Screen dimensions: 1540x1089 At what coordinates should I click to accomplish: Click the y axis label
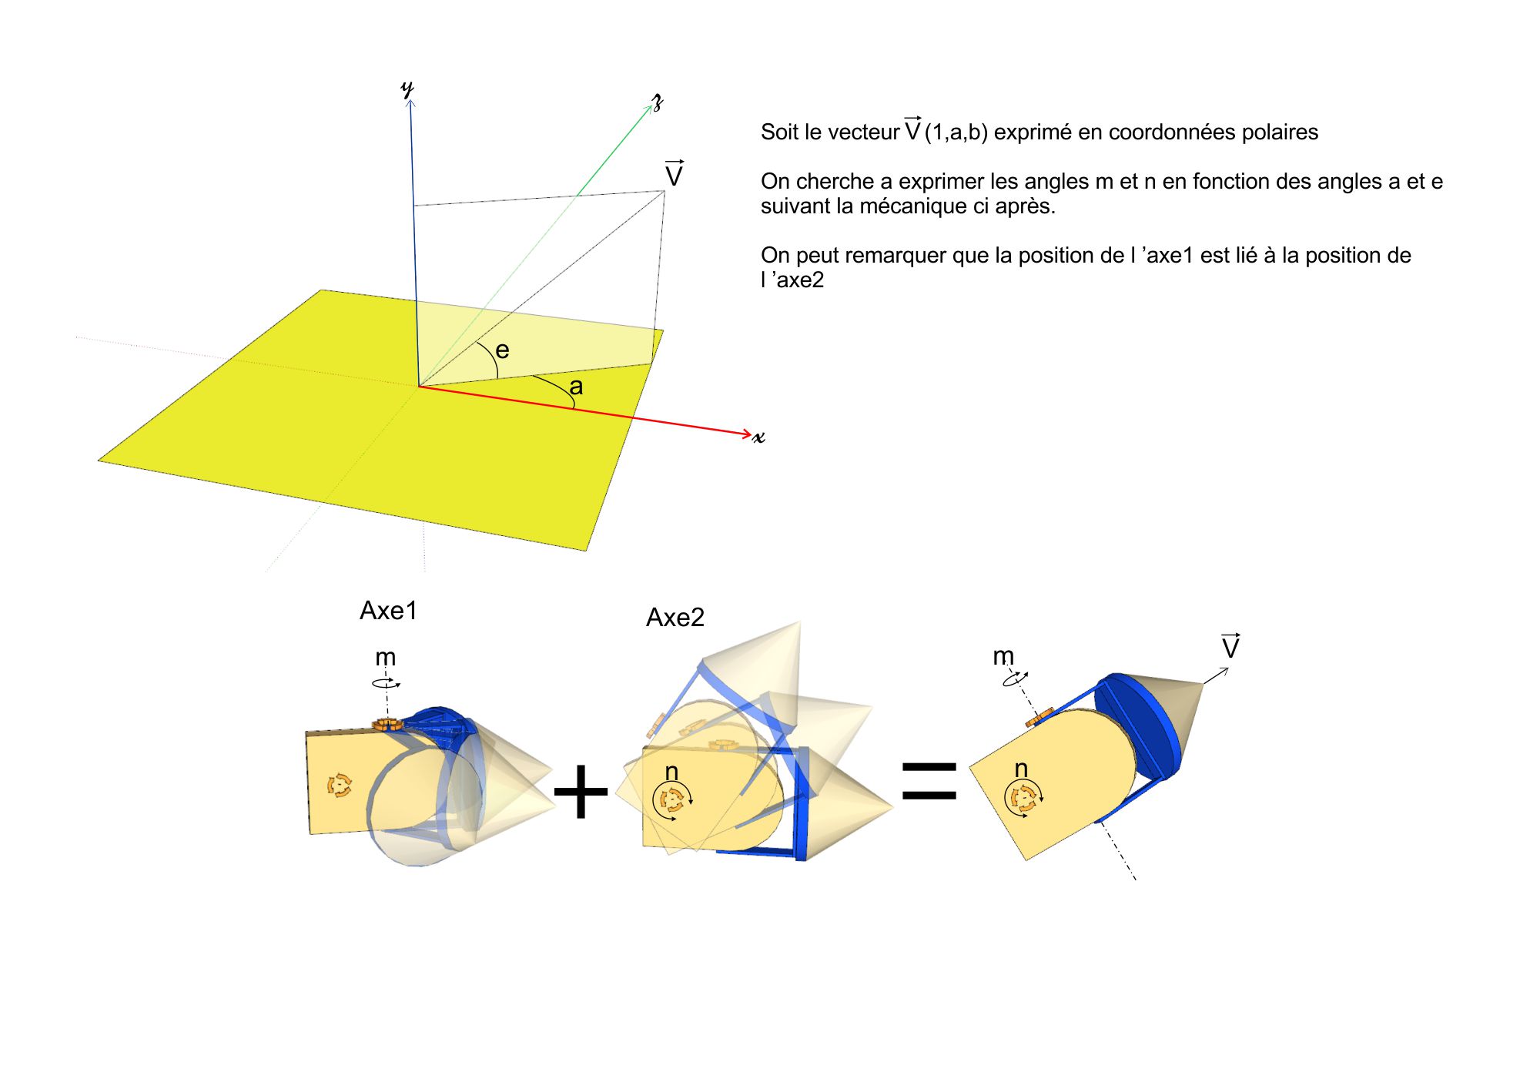click(x=407, y=89)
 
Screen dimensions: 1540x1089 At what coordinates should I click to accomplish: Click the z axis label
click(x=658, y=102)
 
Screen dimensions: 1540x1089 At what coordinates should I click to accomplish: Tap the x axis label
click(x=759, y=437)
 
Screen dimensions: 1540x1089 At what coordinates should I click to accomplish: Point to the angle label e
click(x=502, y=351)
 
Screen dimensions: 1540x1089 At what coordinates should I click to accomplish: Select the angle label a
click(x=576, y=387)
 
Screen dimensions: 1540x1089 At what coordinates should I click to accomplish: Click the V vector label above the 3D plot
click(x=674, y=173)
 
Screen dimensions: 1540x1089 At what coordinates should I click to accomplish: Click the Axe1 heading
click(x=388, y=611)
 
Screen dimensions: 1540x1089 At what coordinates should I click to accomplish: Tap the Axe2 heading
click(x=675, y=618)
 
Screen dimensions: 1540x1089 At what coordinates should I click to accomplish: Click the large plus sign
click(x=581, y=792)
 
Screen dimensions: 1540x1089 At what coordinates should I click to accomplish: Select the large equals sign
click(x=929, y=781)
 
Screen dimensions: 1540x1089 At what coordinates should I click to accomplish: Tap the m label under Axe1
click(x=385, y=658)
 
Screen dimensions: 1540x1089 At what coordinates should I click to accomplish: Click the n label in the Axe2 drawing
click(x=671, y=772)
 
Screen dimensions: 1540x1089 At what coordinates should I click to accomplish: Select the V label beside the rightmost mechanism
click(x=1230, y=646)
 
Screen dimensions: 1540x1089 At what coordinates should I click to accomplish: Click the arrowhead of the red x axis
click(x=747, y=434)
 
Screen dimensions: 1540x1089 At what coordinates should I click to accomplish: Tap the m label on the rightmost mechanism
click(x=1003, y=656)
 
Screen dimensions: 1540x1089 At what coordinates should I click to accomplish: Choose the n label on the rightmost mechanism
click(x=1021, y=769)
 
